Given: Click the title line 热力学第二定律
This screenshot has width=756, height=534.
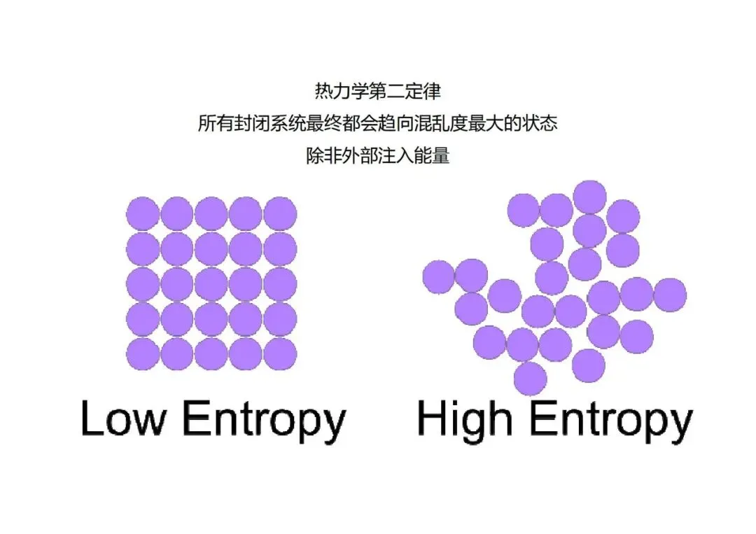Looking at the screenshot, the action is [377, 92].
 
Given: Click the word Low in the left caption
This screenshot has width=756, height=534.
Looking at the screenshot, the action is [124, 419].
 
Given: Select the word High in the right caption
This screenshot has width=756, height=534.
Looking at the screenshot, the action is [464, 419].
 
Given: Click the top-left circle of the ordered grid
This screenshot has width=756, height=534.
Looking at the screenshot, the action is [143, 213].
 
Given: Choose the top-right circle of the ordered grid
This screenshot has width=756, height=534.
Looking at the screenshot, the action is [280, 213].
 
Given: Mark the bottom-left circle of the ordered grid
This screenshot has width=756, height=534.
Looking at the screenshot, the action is [143, 353].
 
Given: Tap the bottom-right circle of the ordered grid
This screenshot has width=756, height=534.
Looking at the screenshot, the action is [280, 353].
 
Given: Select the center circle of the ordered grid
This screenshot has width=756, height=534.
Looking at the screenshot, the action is [211, 283].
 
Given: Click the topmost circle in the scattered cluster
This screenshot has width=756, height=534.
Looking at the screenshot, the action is [589, 197].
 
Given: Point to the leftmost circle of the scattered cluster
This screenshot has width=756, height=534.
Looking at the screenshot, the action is [439, 276].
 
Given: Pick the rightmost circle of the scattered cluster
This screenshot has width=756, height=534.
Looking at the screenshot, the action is [669, 294].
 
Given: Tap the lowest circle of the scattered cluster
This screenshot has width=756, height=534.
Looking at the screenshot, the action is [530, 379].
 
